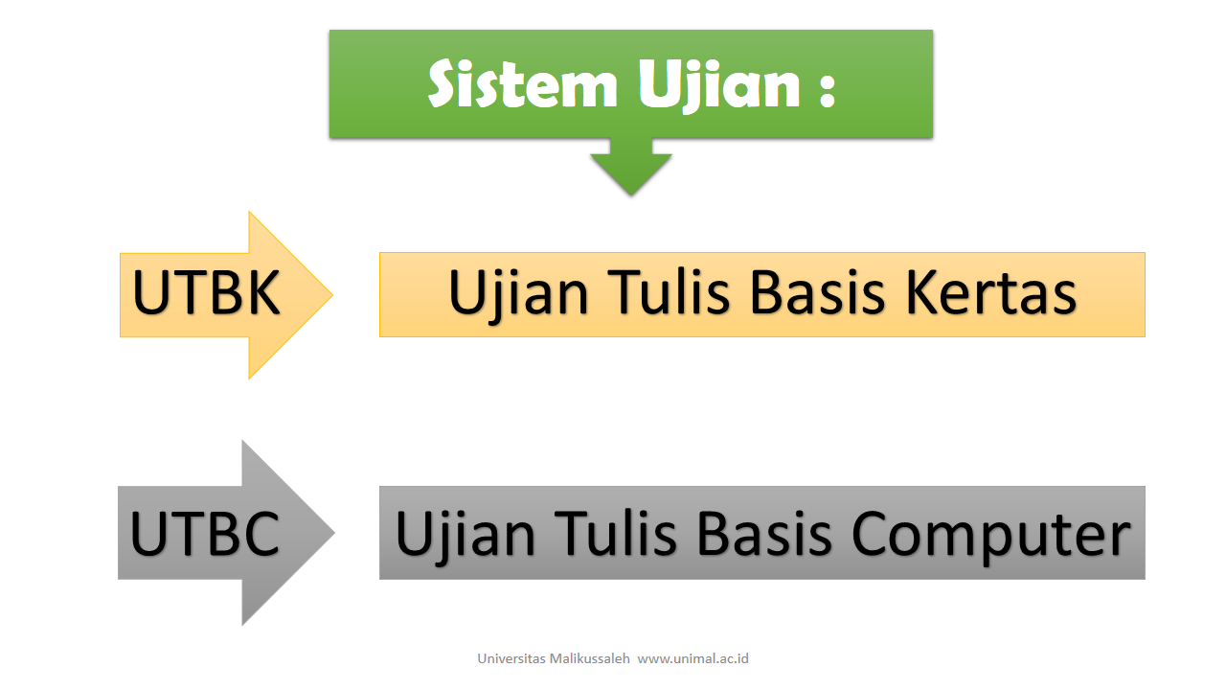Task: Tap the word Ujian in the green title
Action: coord(719,85)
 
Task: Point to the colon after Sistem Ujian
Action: coord(827,89)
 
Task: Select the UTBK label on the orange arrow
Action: coord(206,293)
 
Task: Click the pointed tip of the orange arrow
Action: coord(332,294)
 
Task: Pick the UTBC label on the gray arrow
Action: coord(205,534)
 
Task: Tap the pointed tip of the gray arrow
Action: coord(334,532)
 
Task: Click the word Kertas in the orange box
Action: coord(990,293)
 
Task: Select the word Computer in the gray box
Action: coord(990,537)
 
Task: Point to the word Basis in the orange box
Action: coord(817,293)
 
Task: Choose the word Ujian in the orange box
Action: coord(518,296)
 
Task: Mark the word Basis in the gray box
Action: coord(764,534)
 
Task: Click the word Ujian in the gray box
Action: coord(465,537)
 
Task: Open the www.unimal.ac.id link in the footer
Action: coord(692,658)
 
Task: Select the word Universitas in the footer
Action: coord(511,658)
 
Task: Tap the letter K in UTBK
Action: coord(263,293)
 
